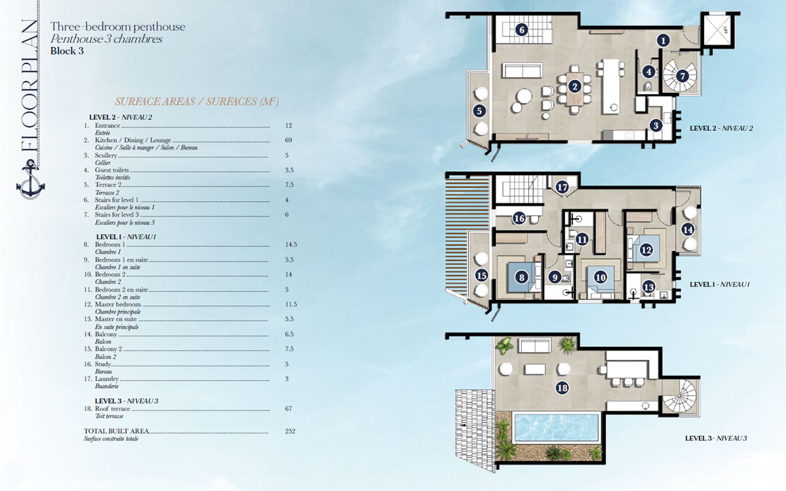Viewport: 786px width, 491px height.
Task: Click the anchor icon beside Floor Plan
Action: click(30, 181)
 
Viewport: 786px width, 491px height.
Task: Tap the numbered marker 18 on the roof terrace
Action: click(562, 388)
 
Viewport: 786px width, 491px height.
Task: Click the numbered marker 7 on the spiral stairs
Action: click(682, 76)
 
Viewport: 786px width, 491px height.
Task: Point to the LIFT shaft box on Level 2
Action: click(718, 30)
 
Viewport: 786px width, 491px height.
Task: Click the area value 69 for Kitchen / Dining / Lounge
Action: click(288, 140)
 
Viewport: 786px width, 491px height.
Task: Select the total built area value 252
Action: click(290, 431)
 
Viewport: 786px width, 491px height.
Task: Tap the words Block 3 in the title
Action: click(67, 51)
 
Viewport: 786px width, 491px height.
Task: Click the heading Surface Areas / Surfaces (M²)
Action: click(196, 101)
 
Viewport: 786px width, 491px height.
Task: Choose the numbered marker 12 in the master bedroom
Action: click(646, 250)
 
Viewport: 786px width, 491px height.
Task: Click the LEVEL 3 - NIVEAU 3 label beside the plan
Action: click(716, 438)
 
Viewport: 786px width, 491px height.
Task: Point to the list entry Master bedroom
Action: click(118, 304)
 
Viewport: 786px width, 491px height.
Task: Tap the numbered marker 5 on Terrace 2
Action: click(479, 111)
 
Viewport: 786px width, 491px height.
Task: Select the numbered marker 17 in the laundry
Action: click(562, 187)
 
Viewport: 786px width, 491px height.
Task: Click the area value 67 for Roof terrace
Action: click(288, 408)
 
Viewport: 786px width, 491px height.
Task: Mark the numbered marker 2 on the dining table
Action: click(574, 87)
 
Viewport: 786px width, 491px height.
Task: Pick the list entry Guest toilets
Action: click(112, 170)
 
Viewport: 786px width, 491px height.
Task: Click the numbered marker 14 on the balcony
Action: click(688, 230)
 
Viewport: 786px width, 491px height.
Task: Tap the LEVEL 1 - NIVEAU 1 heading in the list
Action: click(126, 237)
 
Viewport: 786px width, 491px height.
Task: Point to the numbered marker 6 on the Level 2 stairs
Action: click(522, 30)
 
